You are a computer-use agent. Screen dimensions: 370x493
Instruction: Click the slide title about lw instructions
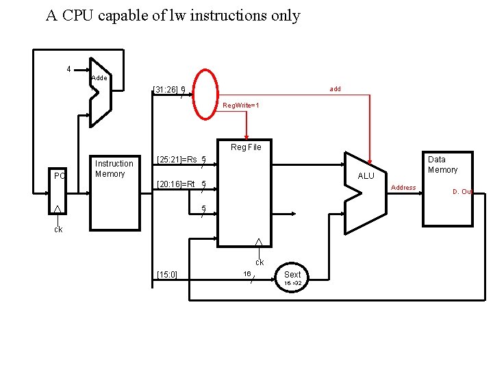click(173, 15)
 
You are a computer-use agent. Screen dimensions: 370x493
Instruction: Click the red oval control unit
click(205, 95)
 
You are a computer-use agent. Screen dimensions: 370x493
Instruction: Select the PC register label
click(59, 176)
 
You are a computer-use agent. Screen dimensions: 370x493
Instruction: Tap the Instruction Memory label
click(114, 169)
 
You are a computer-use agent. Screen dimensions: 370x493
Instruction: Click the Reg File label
click(246, 147)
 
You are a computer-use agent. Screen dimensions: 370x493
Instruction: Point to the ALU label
click(366, 176)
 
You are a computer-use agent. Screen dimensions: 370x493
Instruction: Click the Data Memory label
click(442, 164)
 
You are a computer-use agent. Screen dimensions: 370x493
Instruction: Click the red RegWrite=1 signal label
click(241, 106)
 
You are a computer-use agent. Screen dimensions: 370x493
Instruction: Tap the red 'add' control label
click(335, 89)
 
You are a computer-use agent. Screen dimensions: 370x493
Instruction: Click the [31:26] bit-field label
click(166, 89)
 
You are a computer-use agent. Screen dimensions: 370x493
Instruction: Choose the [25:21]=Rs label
click(177, 160)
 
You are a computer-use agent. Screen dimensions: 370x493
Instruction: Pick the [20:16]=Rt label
click(176, 184)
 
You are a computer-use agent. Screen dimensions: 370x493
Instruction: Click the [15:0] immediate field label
click(167, 275)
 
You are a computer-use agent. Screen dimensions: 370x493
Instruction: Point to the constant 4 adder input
click(68, 69)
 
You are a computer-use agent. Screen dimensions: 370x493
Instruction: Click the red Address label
click(403, 188)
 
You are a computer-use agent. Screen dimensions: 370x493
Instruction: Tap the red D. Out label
click(462, 192)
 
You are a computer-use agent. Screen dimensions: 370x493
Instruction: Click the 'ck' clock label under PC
click(58, 230)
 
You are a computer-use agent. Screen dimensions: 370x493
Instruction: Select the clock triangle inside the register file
click(258, 242)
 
